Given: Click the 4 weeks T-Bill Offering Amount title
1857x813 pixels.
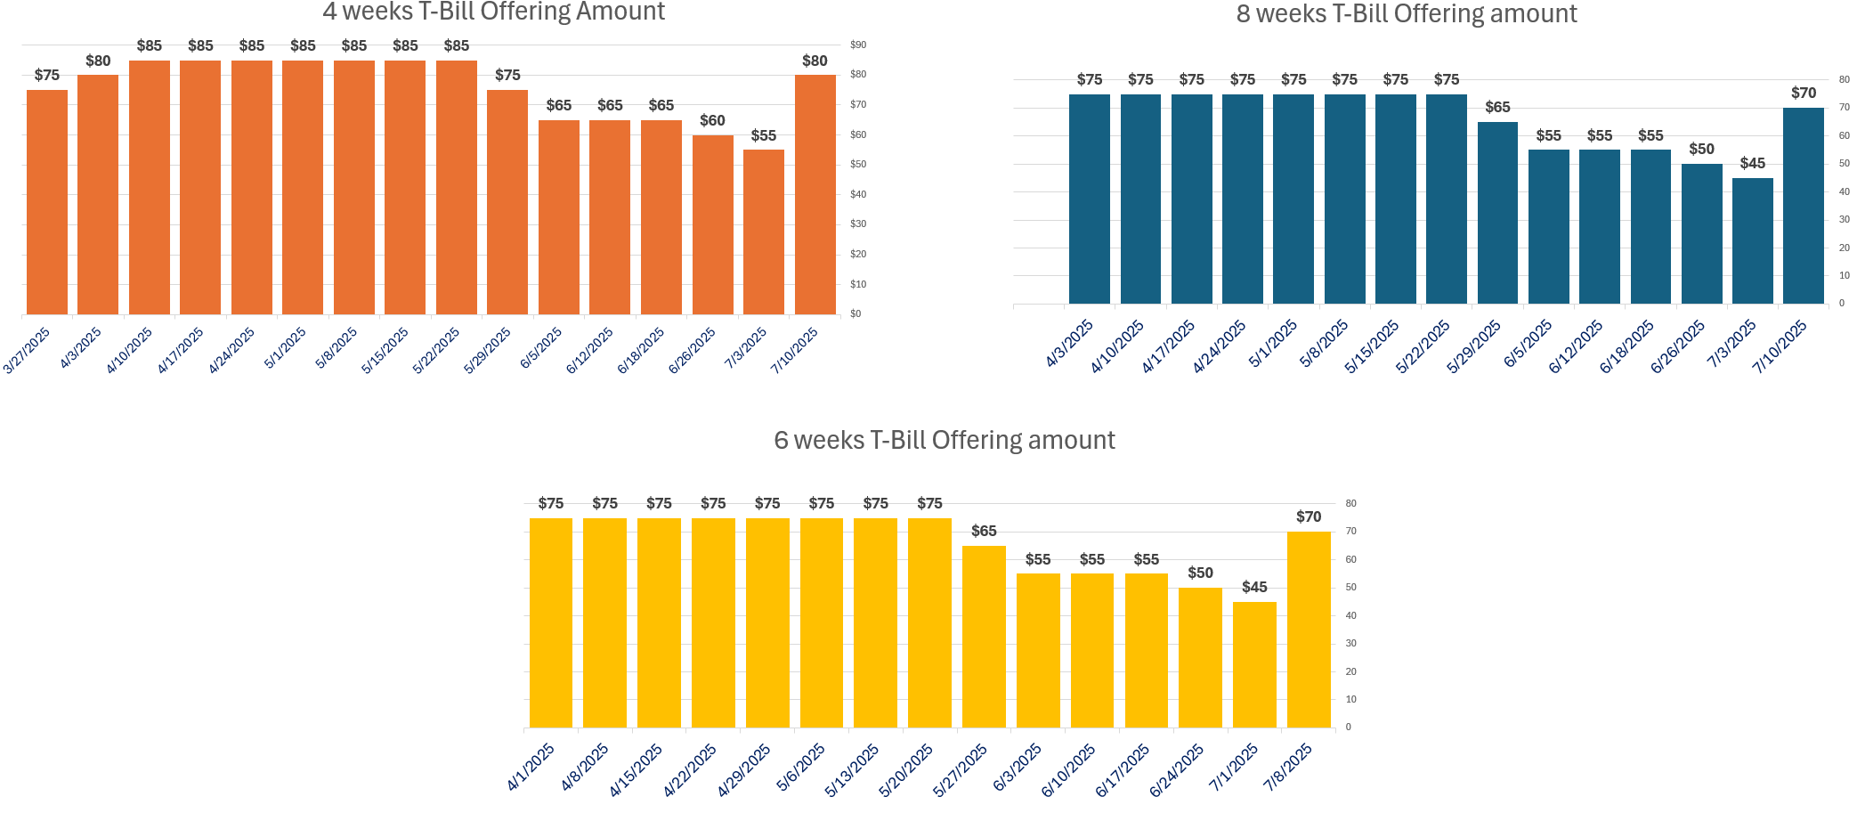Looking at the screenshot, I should [493, 12].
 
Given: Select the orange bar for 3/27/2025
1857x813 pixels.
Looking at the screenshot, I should [47, 202].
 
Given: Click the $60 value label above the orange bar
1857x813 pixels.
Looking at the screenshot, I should [712, 120].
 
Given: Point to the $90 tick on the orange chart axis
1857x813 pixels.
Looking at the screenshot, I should [858, 45].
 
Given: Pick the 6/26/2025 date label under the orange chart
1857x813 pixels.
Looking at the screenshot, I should [693, 350].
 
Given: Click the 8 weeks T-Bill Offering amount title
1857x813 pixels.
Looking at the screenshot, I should [1407, 14].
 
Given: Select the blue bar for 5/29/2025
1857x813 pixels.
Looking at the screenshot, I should [1497, 213].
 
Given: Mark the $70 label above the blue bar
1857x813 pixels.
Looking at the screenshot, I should [1804, 93].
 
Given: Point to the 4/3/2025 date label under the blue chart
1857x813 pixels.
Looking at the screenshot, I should [1069, 344].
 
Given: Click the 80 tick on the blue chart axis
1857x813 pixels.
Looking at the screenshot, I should [1845, 79].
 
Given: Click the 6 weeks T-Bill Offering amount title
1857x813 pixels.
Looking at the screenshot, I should [944, 440].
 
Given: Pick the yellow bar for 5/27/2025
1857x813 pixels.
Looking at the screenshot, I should [984, 637].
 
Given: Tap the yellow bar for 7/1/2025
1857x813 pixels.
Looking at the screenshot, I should [1254, 664].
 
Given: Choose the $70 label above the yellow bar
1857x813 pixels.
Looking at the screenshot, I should [1309, 516].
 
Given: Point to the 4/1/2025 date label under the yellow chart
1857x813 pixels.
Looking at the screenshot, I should [531, 768].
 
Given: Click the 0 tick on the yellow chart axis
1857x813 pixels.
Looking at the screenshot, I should [1349, 728].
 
